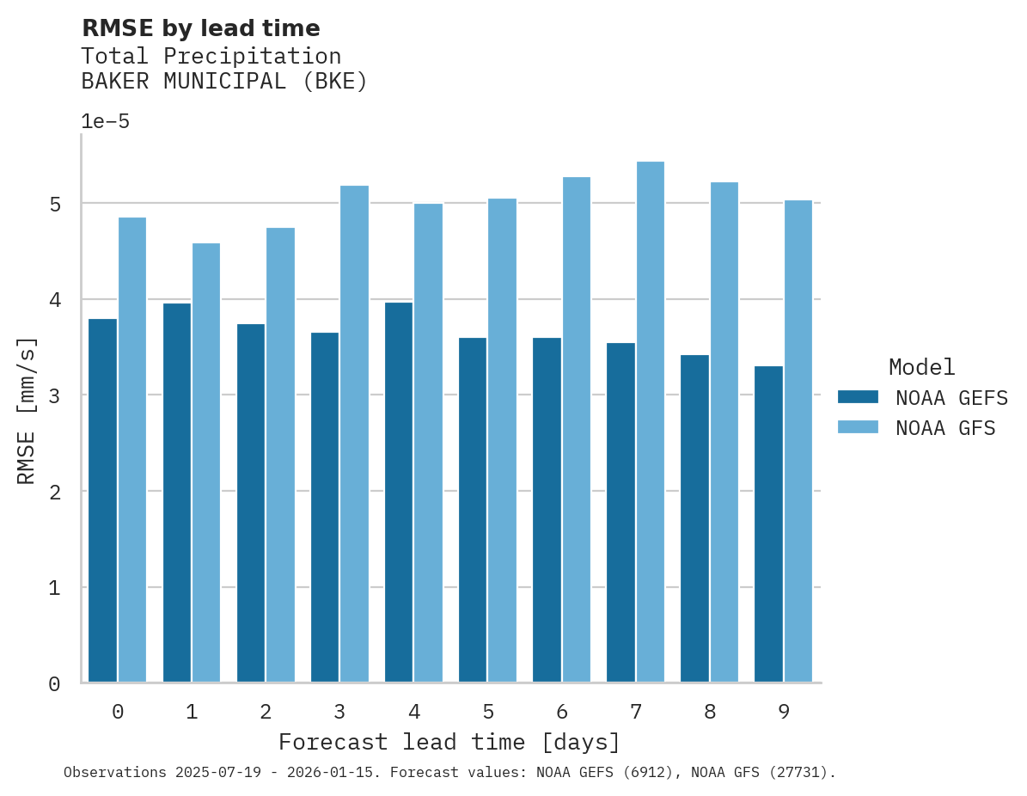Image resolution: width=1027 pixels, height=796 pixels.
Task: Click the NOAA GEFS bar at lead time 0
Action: click(102, 500)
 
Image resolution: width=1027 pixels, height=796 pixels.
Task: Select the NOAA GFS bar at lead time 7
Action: click(651, 422)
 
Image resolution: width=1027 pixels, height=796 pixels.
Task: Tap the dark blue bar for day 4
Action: click(399, 493)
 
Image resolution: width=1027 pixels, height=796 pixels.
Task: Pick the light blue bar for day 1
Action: click(206, 462)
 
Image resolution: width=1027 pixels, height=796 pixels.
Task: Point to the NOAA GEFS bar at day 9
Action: click(768, 524)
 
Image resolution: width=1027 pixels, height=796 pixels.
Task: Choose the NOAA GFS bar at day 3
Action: click(354, 434)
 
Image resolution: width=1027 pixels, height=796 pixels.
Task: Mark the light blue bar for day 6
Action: click(577, 430)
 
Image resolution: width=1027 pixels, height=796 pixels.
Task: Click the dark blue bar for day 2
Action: click(251, 503)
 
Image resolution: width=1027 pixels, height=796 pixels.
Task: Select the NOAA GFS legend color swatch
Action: click(858, 427)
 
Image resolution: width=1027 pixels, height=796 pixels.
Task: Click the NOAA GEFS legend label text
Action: click(951, 398)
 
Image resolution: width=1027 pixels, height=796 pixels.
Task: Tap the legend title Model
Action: click(921, 367)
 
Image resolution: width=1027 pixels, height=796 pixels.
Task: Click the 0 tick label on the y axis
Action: click(54, 683)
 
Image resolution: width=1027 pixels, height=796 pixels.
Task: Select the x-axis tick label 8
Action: click(710, 712)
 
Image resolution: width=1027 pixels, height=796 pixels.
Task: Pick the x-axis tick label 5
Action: click(488, 712)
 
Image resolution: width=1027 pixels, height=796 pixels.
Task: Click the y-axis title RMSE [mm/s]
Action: click(28, 410)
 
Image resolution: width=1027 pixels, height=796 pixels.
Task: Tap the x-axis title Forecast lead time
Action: click(449, 742)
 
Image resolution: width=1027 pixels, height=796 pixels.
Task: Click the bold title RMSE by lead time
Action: click(200, 28)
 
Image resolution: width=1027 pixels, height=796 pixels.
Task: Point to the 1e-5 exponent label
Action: click(105, 121)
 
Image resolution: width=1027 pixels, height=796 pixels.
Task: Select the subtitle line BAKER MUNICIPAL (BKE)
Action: click(223, 82)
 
